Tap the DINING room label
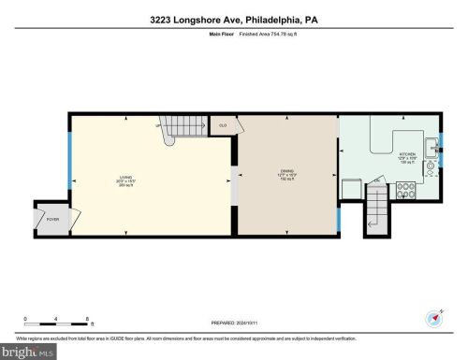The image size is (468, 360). tap(286, 173)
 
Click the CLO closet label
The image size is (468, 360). tap(223, 124)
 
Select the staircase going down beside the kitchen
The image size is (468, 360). tap(375, 208)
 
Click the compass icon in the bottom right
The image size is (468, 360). tap(434, 317)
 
